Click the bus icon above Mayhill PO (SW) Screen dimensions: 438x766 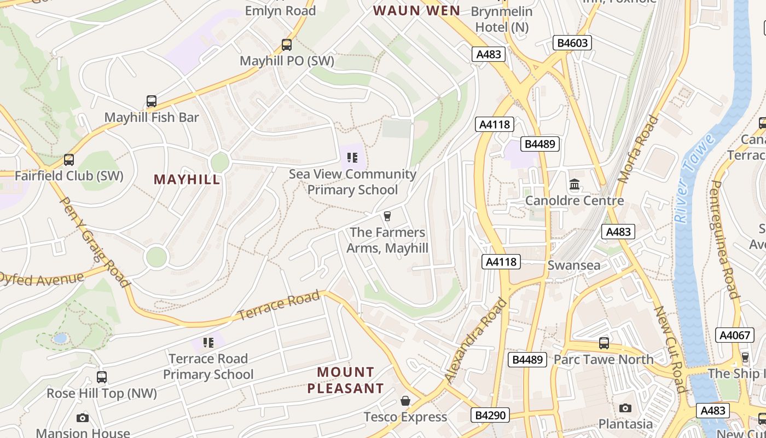287,45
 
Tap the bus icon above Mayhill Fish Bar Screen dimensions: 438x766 152,101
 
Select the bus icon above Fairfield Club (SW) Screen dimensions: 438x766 69,160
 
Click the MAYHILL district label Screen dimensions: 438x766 187,180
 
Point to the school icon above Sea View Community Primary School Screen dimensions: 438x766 352,158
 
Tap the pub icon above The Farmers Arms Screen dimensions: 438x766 387,216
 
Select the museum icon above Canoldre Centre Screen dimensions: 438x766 574,185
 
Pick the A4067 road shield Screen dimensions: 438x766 735,335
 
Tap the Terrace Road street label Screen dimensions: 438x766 278,306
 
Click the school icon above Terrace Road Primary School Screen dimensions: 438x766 208,343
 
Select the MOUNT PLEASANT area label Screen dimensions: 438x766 345,380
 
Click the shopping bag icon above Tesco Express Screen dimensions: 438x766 405,401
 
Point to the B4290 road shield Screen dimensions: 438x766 490,415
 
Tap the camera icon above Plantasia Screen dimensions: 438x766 625,408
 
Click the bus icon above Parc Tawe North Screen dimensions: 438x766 604,343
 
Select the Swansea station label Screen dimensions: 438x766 574,266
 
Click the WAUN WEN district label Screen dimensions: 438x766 416,10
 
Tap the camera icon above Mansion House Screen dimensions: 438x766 83,418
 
